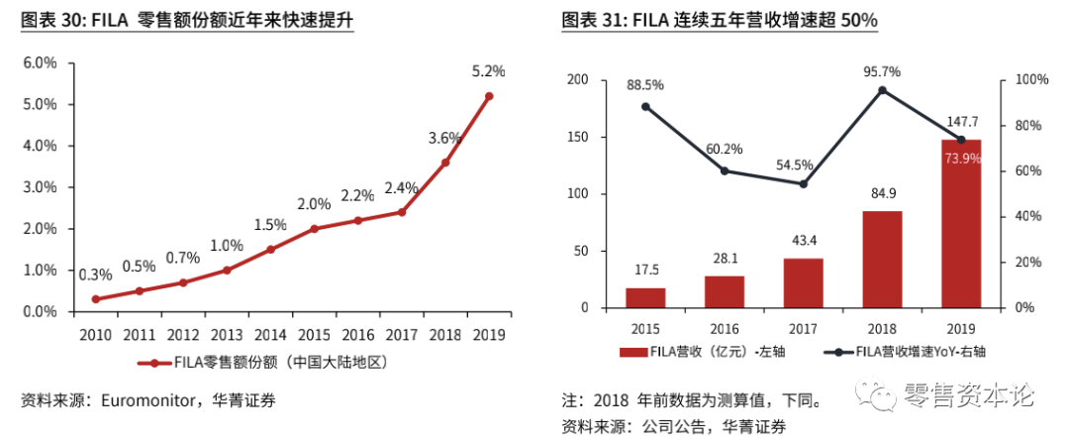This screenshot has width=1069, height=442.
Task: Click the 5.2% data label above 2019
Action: click(489, 71)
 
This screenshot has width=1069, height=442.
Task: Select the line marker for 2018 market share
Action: click(445, 163)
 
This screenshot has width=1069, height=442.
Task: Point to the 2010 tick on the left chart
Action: click(96, 333)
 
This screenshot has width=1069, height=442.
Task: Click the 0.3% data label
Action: click(96, 275)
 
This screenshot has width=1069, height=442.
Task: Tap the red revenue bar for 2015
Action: click(645, 298)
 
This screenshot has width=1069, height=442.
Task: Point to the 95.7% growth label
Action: click(882, 71)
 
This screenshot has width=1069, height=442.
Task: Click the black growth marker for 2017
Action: click(803, 183)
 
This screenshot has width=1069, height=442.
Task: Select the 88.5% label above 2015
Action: click(645, 84)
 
